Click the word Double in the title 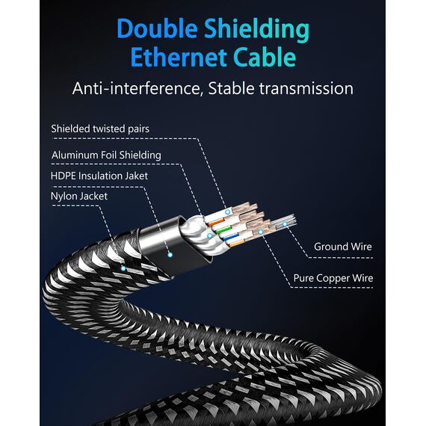pos(157,28)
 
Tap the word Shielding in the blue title pos(256,30)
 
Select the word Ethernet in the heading pos(179,58)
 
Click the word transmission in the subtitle pos(306,89)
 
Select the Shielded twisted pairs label pos(100,129)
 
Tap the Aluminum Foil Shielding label pos(106,155)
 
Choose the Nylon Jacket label pos(79,196)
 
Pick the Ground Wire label pos(343,247)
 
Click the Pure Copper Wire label pos(333,278)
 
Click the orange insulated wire pos(215,222)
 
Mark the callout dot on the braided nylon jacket pos(123,268)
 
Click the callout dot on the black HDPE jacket pos(170,255)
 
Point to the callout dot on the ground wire pos(285,224)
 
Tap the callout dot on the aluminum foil pos(210,235)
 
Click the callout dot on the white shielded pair pos(228,212)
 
